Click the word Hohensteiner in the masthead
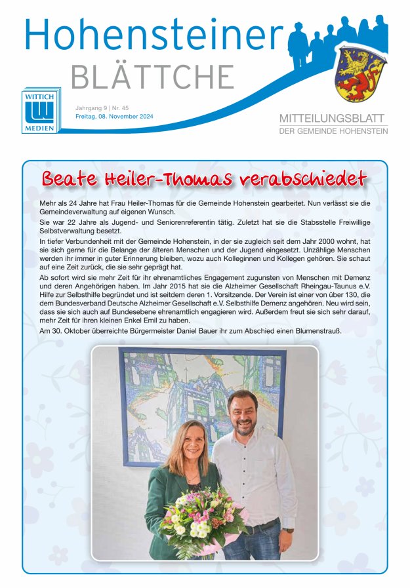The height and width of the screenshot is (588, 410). click(154, 35)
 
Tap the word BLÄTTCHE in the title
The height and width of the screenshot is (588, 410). click(152, 78)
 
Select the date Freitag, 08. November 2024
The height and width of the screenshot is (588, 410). click(114, 117)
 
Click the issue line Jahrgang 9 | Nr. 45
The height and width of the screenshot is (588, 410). click(102, 107)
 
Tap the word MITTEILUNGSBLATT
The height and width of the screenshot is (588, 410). click(333, 119)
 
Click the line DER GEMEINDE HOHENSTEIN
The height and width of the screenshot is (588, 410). click(333, 131)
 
